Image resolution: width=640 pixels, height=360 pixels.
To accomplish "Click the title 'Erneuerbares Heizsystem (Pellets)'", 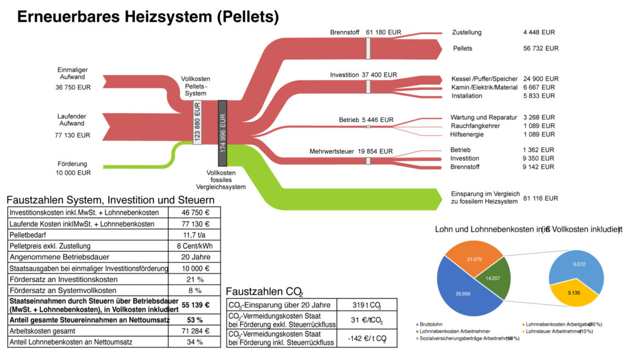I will [x=148, y=16].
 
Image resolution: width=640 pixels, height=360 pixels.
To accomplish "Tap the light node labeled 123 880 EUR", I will [x=197, y=122].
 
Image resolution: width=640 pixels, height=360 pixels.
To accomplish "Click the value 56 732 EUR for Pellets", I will [x=540, y=48].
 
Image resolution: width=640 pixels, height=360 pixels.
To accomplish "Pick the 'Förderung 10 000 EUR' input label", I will [x=73, y=168].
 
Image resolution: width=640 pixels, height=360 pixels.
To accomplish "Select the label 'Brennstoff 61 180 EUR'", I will [x=365, y=32].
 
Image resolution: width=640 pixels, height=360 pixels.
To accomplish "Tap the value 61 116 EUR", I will [x=540, y=198].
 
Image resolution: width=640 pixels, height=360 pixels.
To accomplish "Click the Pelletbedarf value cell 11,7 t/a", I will [x=194, y=235].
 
